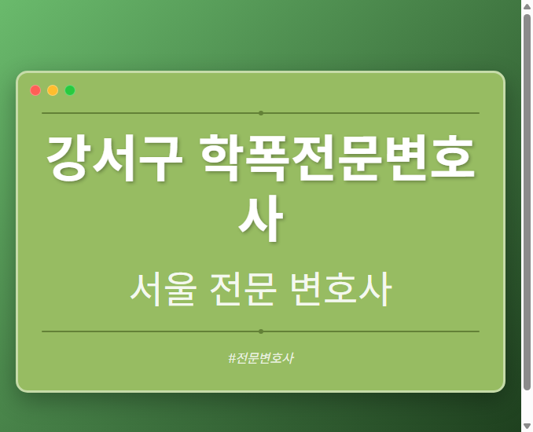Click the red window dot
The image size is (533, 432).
pos(35,90)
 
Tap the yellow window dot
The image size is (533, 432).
pos(53,90)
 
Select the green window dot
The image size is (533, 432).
pos(70,90)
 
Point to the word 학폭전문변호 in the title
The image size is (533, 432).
pos(338,159)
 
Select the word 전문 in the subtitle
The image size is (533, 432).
pos(244,290)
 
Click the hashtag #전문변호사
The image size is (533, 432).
pos(260,358)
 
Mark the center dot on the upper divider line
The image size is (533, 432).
pos(261,113)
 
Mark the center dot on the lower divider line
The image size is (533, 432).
pos(261,331)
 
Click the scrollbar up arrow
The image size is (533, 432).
pos(527,6)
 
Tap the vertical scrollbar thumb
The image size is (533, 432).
pos(527,200)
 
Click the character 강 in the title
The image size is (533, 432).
pos(68,159)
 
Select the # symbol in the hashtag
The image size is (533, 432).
pos(232,358)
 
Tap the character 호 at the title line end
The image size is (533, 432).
pos(454,159)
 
